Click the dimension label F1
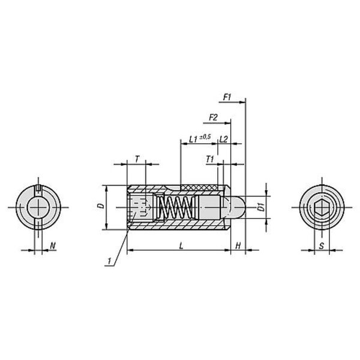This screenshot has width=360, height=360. coord(227,97)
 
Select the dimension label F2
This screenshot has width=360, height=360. coord(213,118)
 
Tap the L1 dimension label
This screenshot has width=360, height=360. coord(193,139)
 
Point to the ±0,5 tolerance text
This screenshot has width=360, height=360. coord(205,137)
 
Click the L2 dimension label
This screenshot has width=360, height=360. coord(223,139)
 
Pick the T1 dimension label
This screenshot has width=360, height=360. coord(209,159)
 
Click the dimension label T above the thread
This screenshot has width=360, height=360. coord(137,159)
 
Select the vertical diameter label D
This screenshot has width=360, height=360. coord(101,206)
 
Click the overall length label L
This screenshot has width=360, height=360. coord(181,246)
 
